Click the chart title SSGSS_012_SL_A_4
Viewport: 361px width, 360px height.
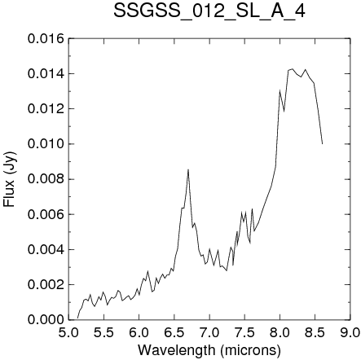tap(209, 12)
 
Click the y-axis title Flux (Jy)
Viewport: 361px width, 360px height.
tap(10, 179)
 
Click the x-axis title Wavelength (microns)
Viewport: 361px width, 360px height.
tap(209, 350)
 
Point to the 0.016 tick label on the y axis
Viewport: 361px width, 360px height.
tap(46, 38)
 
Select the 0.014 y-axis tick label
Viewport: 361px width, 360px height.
tap(46, 74)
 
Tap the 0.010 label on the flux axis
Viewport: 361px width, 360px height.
tap(46, 144)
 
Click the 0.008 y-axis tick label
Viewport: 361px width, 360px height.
tap(46, 179)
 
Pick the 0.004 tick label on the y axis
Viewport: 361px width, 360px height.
tap(46, 249)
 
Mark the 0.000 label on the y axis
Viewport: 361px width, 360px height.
tap(46, 319)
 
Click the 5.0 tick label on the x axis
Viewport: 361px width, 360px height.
tap(68, 332)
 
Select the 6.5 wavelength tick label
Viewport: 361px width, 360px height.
tap(174, 332)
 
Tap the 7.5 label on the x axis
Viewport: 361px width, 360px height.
tap(244, 332)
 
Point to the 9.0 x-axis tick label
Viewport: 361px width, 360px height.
tap(350, 332)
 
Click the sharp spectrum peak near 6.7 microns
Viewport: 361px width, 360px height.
tap(188, 169)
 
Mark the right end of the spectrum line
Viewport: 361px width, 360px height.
tap(323, 144)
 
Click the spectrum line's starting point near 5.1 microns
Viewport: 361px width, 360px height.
tap(77, 318)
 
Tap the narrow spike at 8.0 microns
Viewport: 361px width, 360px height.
tap(280, 90)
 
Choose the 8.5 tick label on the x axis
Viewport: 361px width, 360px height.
tap(315, 332)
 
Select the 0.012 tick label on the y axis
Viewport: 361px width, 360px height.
tap(46, 109)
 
